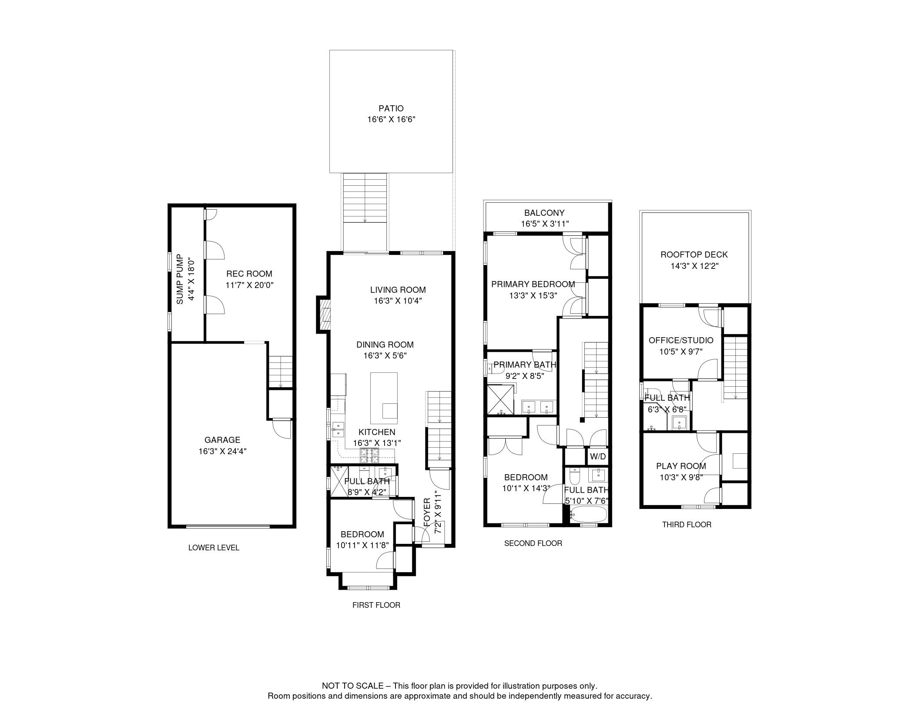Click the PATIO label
[391, 108]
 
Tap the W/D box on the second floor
[597, 456]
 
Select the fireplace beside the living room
[324, 315]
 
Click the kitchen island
[384, 398]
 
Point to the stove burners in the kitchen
[369, 455]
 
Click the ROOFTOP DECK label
[694, 255]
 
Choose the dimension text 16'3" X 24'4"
[222, 451]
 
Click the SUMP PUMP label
[180, 280]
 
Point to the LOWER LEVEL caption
[214, 548]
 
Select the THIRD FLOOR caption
[687, 525]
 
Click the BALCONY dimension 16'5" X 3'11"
[545, 224]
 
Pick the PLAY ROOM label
[681, 466]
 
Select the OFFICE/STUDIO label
[681, 340]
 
